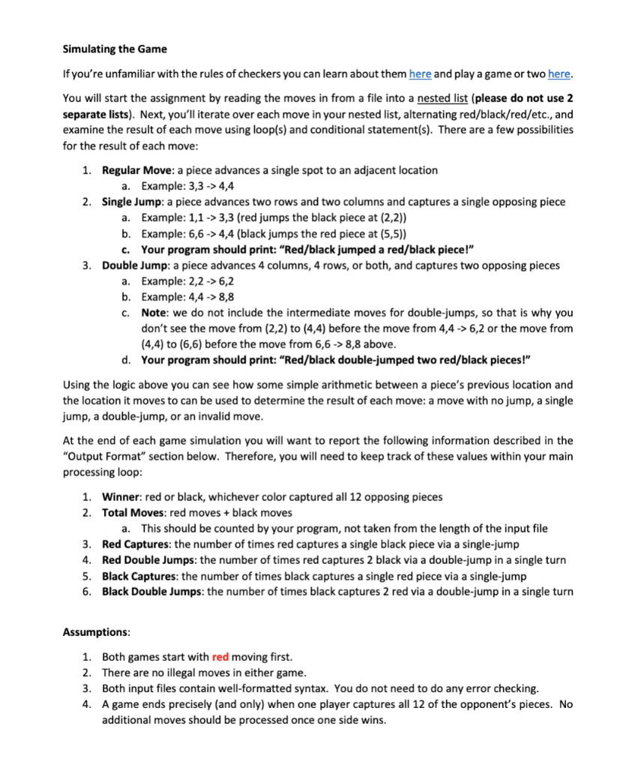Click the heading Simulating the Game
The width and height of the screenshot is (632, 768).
(115, 49)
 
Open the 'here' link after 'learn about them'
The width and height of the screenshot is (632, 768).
(421, 73)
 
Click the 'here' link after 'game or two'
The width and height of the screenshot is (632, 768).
(559, 73)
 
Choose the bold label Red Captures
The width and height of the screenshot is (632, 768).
(135, 544)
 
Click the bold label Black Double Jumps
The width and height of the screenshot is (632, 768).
(153, 592)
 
